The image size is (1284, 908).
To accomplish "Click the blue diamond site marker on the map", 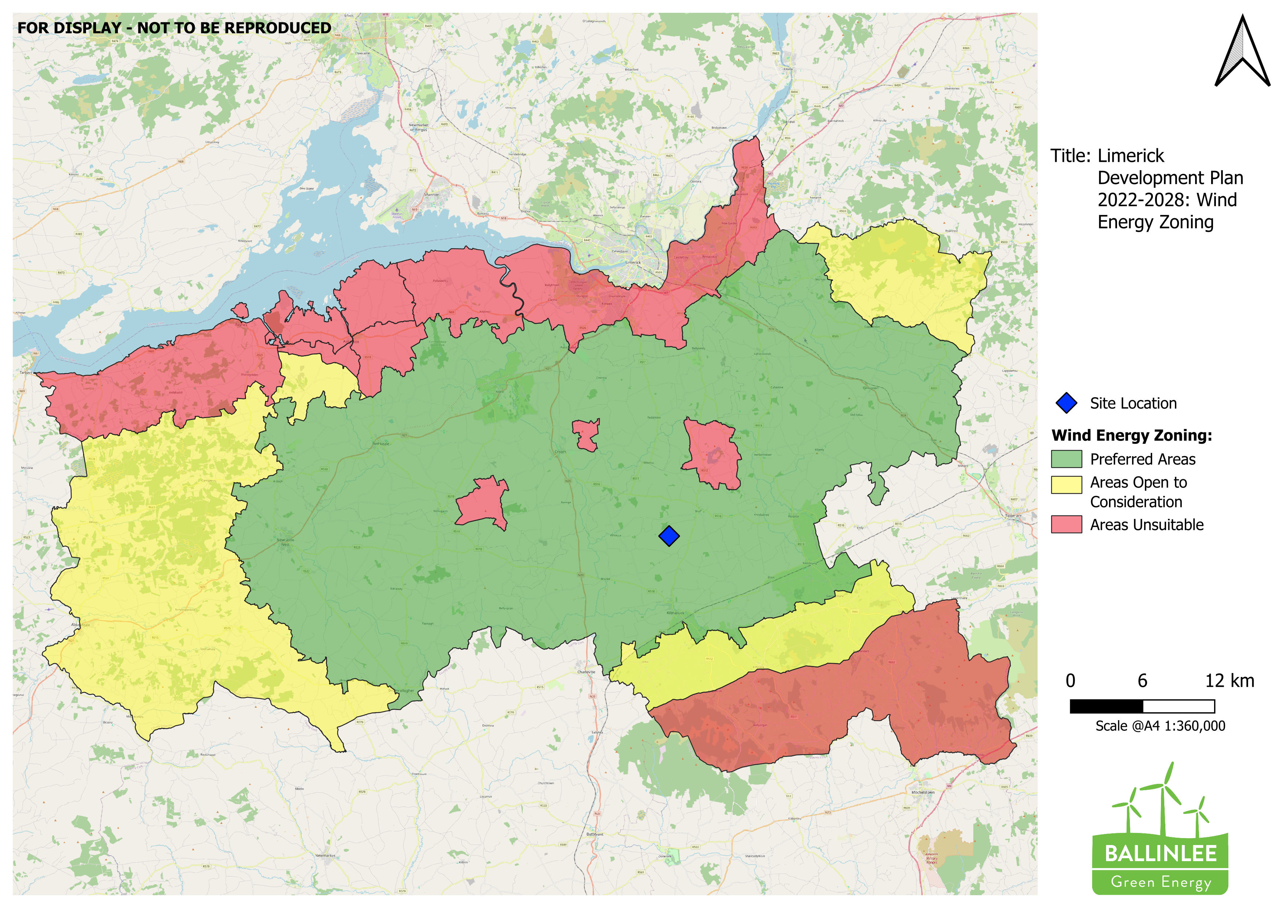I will [x=669, y=536].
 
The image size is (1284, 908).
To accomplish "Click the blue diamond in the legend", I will [x=1067, y=403].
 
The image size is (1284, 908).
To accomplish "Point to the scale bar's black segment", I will [x=1106, y=706].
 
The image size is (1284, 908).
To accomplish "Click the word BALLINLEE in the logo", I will [x=1160, y=854].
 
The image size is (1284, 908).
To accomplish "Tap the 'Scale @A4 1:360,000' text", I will [x=1160, y=726].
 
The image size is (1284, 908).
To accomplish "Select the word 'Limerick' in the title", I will [x=1130, y=156].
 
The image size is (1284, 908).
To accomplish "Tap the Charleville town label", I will [x=586, y=672].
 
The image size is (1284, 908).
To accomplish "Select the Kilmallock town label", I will [x=675, y=613].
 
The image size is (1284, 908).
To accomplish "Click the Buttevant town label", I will [x=595, y=834].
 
